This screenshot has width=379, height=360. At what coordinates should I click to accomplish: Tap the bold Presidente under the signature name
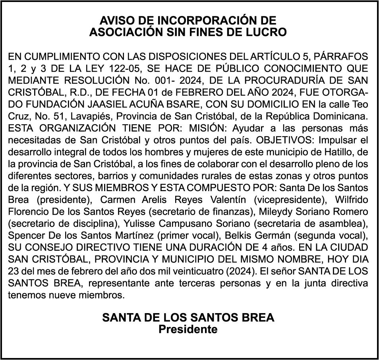pos(188,329)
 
